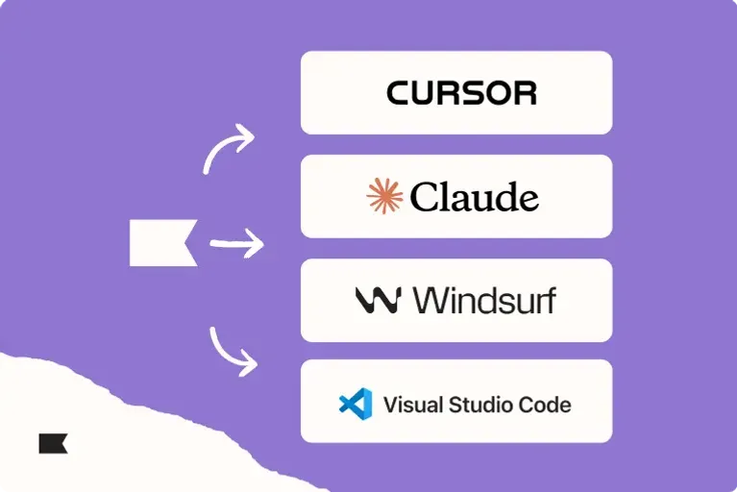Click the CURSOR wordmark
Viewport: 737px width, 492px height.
pos(461,92)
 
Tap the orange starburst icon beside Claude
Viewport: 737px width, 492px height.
pos(384,196)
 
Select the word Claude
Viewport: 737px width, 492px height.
pos(475,197)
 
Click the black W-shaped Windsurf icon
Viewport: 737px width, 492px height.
pos(377,301)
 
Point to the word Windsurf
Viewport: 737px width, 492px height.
pos(484,301)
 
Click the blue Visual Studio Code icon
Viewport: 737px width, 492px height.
pos(355,404)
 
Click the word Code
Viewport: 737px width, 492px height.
pos(547,405)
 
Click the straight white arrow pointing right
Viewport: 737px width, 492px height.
pos(236,243)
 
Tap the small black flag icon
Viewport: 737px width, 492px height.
pos(53,443)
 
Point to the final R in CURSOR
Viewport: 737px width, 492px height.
pos(525,92)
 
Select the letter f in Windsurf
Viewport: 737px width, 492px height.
pos(549,300)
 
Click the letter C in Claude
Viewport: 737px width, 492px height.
pos(424,197)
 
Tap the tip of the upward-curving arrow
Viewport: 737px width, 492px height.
pos(253,136)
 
